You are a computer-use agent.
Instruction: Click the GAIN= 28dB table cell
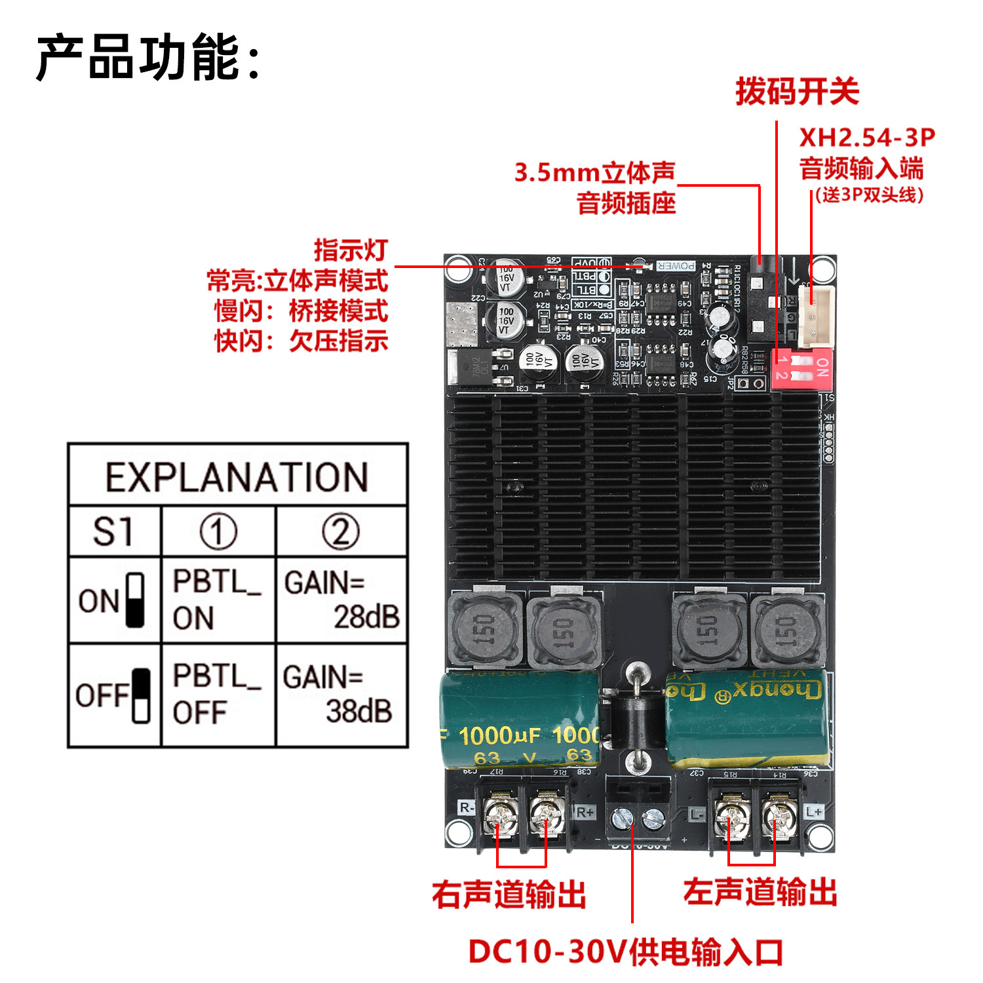tap(341, 600)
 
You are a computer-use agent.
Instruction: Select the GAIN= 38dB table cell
tap(341, 695)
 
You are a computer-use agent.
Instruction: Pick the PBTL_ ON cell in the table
tap(218, 600)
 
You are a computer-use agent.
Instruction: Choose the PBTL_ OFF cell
tap(218, 695)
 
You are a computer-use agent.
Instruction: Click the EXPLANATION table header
tap(237, 476)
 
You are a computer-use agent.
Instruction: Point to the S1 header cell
tap(114, 531)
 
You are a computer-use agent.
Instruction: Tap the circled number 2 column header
tap(341, 531)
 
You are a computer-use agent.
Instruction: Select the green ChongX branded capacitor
tap(747, 718)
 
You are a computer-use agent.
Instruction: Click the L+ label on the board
tap(814, 811)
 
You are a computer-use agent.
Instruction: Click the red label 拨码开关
tap(797, 91)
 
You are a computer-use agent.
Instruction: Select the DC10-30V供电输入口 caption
tap(626, 952)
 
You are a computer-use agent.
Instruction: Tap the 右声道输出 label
tap(509, 894)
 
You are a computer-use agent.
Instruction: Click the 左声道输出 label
tap(760, 893)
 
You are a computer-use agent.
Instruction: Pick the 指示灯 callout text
tap(351, 250)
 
